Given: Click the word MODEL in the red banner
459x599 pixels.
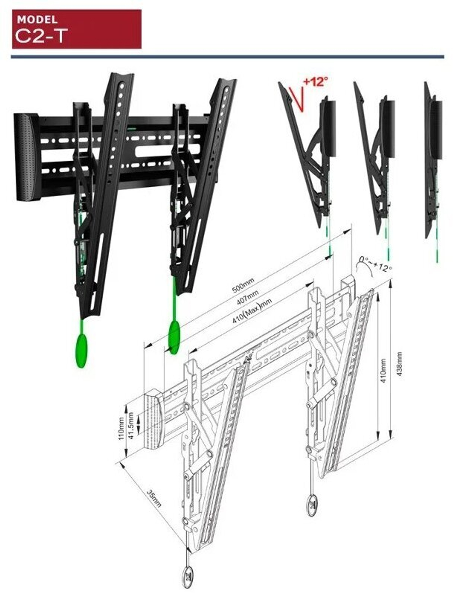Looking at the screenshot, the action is point(37,20).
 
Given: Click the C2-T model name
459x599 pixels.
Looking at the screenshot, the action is point(41,35).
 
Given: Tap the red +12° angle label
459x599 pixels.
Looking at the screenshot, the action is point(316,81).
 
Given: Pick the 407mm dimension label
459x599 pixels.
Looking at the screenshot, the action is point(247,297).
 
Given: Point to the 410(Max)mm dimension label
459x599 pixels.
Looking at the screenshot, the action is point(252,311).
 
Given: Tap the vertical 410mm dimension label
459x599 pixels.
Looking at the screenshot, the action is point(383,370).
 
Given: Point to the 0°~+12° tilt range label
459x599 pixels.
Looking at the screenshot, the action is point(375,263).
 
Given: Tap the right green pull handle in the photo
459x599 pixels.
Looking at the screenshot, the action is point(174,336).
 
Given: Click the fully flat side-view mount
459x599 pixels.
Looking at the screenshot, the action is point(433,165).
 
